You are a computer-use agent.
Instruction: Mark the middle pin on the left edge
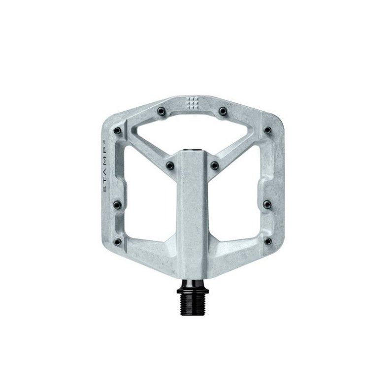click(117, 203)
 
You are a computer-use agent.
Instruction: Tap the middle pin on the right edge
click(266, 203)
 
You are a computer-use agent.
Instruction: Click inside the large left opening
click(145, 197)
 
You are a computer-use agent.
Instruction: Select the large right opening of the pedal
click(239, 197)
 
